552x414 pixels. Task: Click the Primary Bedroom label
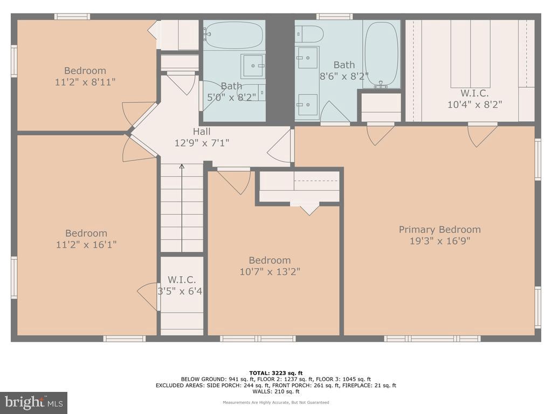[x=439, y=230]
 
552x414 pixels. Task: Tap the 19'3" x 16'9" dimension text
[x=439, y=241]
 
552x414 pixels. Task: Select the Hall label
[x=202, y=132]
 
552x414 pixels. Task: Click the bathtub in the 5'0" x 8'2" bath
[x=233, y=34]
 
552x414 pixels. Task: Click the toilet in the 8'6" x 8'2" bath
[x=309, y=34]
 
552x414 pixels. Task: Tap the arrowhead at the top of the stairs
[x=182, y=167]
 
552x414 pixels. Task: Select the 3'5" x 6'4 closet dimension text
[x=180, y=291]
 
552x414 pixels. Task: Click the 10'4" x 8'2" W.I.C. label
[x=474, y=105]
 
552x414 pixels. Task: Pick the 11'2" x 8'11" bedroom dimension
[x=85, y=82]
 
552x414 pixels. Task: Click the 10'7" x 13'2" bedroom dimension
[x=270, y=272]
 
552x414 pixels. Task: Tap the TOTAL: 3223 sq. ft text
[x=276, y=373]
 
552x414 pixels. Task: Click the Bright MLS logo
[x=33, y=402]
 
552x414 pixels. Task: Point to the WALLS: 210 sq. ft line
[x=276, y=392]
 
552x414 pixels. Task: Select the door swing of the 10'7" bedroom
[x=235, y=181]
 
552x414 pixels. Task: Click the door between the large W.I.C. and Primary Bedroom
[x=482, y=134]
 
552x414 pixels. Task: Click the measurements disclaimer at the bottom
[x=276, y=402]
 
